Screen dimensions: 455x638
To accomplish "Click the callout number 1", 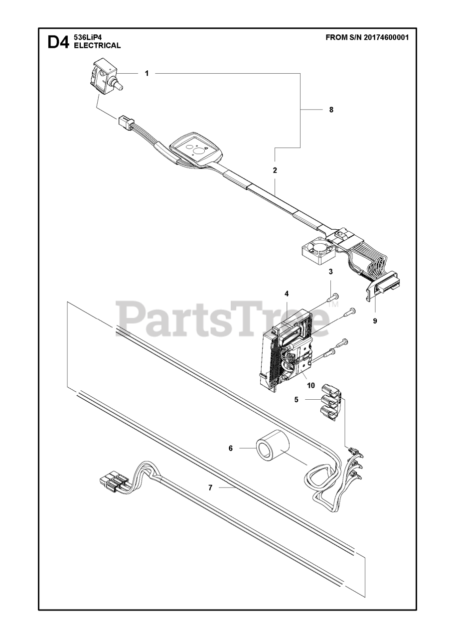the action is pos(147,73).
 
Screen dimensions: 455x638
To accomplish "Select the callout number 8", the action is pos(331,110).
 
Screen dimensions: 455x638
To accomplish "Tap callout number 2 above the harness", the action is pos(275,170).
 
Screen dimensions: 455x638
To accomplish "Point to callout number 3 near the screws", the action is pos(330,272).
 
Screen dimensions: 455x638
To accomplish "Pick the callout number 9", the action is pos(375,321).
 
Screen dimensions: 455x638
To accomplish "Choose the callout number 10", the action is pos(310,385).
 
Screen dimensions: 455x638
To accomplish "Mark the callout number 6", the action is pos(231,448).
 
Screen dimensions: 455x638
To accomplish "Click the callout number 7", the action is pos(210,488).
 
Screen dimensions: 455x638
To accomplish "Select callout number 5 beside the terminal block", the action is pos(297,400).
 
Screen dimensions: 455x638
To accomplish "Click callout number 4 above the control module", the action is pos(287,294).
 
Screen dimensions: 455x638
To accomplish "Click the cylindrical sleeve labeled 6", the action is pos(273,448).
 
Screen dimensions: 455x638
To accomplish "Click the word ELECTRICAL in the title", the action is pos(97,45).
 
